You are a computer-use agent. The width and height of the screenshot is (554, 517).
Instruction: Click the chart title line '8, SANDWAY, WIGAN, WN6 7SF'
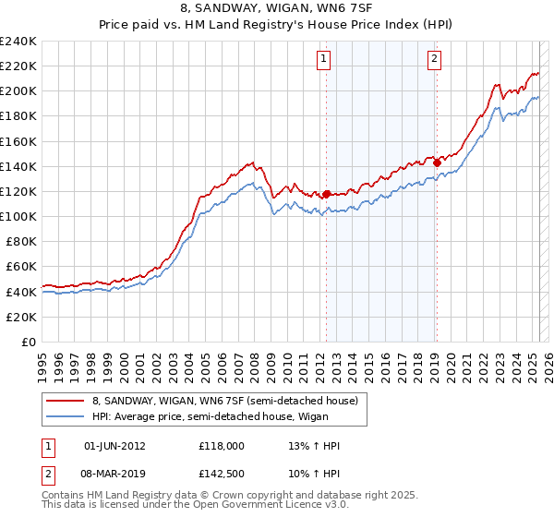(276, 8)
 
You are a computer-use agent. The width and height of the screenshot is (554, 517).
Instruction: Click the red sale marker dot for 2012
(327, 194)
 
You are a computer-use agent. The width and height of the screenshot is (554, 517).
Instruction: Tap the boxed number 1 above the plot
(325, 60)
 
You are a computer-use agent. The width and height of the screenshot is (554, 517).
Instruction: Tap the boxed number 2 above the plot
(434, 60)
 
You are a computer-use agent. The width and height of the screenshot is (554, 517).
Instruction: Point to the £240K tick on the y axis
(19, 42)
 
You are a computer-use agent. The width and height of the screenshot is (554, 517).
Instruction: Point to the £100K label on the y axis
(19, 216)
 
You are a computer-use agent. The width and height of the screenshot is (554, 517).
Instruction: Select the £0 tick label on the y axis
(29, 342)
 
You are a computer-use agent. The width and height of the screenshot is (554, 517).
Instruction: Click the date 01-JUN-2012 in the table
(114, 446)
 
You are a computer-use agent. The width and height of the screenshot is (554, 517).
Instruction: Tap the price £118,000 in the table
(221, 446)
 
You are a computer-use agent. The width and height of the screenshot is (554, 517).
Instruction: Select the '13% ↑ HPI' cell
(314, 446)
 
